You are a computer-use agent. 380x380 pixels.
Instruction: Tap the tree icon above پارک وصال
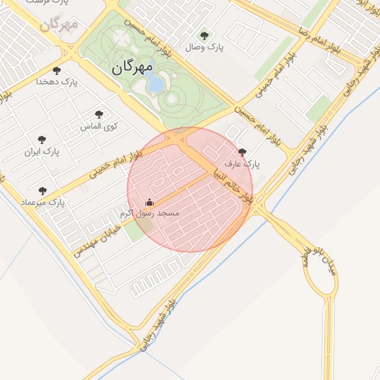pos(205,35)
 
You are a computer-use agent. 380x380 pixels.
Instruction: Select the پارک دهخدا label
pos(56,82)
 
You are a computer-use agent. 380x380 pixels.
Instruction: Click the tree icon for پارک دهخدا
pos(56,71)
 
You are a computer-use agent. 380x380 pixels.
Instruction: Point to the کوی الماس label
pos(99,126)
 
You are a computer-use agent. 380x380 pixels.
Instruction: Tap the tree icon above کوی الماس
pos(99,114)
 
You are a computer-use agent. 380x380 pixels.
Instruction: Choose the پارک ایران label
pos(42,151)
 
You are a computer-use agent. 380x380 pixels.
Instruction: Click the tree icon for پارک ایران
pos(42,140)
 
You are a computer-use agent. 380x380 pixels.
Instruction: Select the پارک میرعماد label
pos(43,202)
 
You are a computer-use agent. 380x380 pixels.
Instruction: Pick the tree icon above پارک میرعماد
pos(42,191)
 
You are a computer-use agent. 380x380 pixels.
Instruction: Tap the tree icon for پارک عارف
pos(243,152)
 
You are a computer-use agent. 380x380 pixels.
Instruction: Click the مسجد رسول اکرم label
pos(150,214)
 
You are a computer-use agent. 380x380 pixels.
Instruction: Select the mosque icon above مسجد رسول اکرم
pos(149,202)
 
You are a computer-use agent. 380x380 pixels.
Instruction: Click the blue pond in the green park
pos(155,82)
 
